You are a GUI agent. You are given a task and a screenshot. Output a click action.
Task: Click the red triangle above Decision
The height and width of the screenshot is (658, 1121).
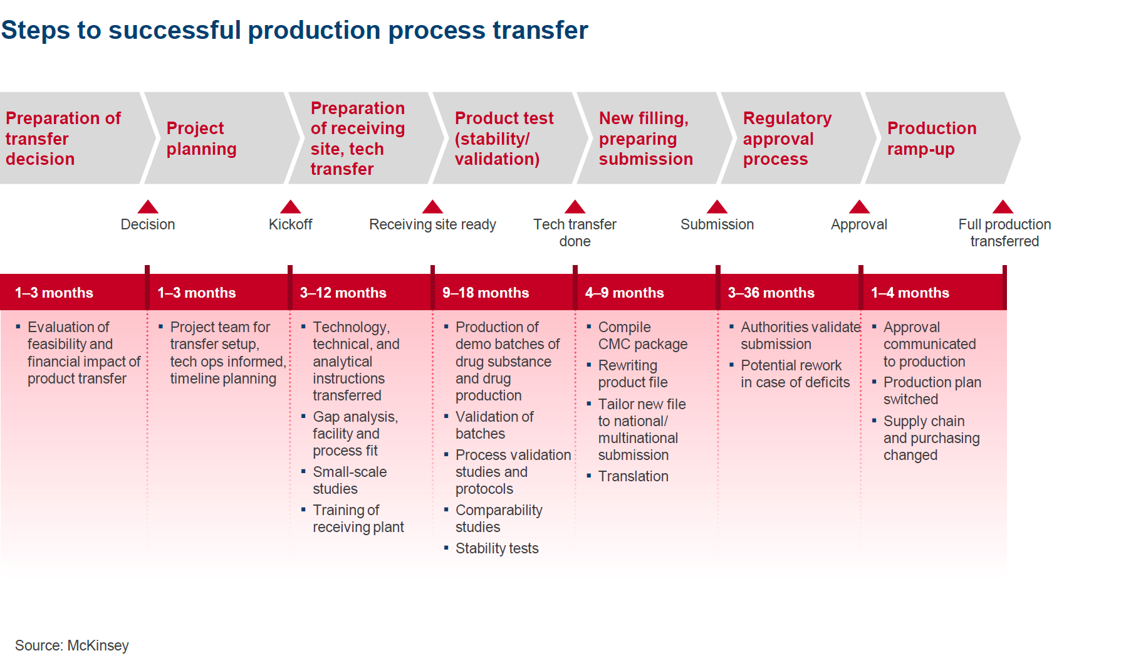tap(148, 207)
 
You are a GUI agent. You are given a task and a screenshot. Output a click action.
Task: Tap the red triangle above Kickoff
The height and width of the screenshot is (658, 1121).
tap(290, 207)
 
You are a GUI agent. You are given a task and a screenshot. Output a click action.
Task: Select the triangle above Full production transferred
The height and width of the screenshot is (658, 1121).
tap(1003, 207)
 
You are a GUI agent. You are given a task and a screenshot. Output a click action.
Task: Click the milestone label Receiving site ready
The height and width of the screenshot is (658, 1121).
tap(432, 224)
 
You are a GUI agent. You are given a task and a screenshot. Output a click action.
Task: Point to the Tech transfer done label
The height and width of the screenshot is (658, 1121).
tap(575, 232)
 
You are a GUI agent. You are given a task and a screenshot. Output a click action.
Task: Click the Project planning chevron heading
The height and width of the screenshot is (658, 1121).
tap(201, 138)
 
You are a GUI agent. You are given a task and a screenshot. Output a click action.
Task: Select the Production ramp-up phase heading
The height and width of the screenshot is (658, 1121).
tap(931, 138)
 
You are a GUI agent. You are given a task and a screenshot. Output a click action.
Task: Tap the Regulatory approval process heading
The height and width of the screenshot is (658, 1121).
tap(787, 138)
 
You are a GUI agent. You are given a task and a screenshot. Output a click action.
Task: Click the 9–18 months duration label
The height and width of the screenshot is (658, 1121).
tap(486, 293)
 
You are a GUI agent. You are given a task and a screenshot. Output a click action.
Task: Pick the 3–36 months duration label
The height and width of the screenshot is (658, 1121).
tap(771, 293)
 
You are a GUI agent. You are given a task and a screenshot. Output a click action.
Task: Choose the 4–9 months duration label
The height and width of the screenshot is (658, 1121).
tap(624, 293)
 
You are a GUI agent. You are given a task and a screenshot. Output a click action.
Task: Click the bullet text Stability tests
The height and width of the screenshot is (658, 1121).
tap(496, 548)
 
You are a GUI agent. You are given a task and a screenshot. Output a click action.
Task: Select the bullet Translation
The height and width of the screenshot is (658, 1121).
tap(633, 476)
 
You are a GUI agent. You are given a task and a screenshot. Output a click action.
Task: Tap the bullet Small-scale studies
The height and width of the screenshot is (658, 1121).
tap(349, 480)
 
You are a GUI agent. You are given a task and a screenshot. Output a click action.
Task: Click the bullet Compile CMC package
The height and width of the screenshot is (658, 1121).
tap(642, 335)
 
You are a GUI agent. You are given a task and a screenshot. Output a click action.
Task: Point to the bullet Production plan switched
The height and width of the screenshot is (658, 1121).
tap(932, 390)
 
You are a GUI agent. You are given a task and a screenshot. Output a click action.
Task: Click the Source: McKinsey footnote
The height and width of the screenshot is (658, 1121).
tap(71, 645)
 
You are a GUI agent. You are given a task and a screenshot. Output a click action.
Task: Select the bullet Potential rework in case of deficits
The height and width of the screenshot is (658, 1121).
tap(795, 373)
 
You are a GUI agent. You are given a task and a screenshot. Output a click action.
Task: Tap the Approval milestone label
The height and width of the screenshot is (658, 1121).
tap(858, 224)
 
